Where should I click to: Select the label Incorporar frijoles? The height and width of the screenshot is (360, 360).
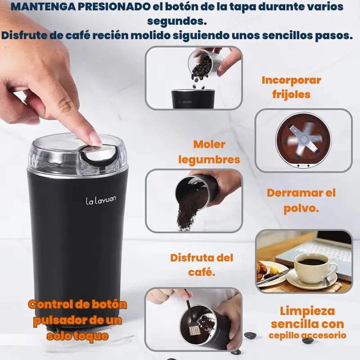pos(292,87)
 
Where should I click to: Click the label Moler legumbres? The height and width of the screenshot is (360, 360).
pos(209,152)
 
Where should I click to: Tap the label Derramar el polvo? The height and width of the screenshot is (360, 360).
pos(301,201)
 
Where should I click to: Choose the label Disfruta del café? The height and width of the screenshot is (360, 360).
pos(202,265)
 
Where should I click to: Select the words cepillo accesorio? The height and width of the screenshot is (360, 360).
pos(307,335)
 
